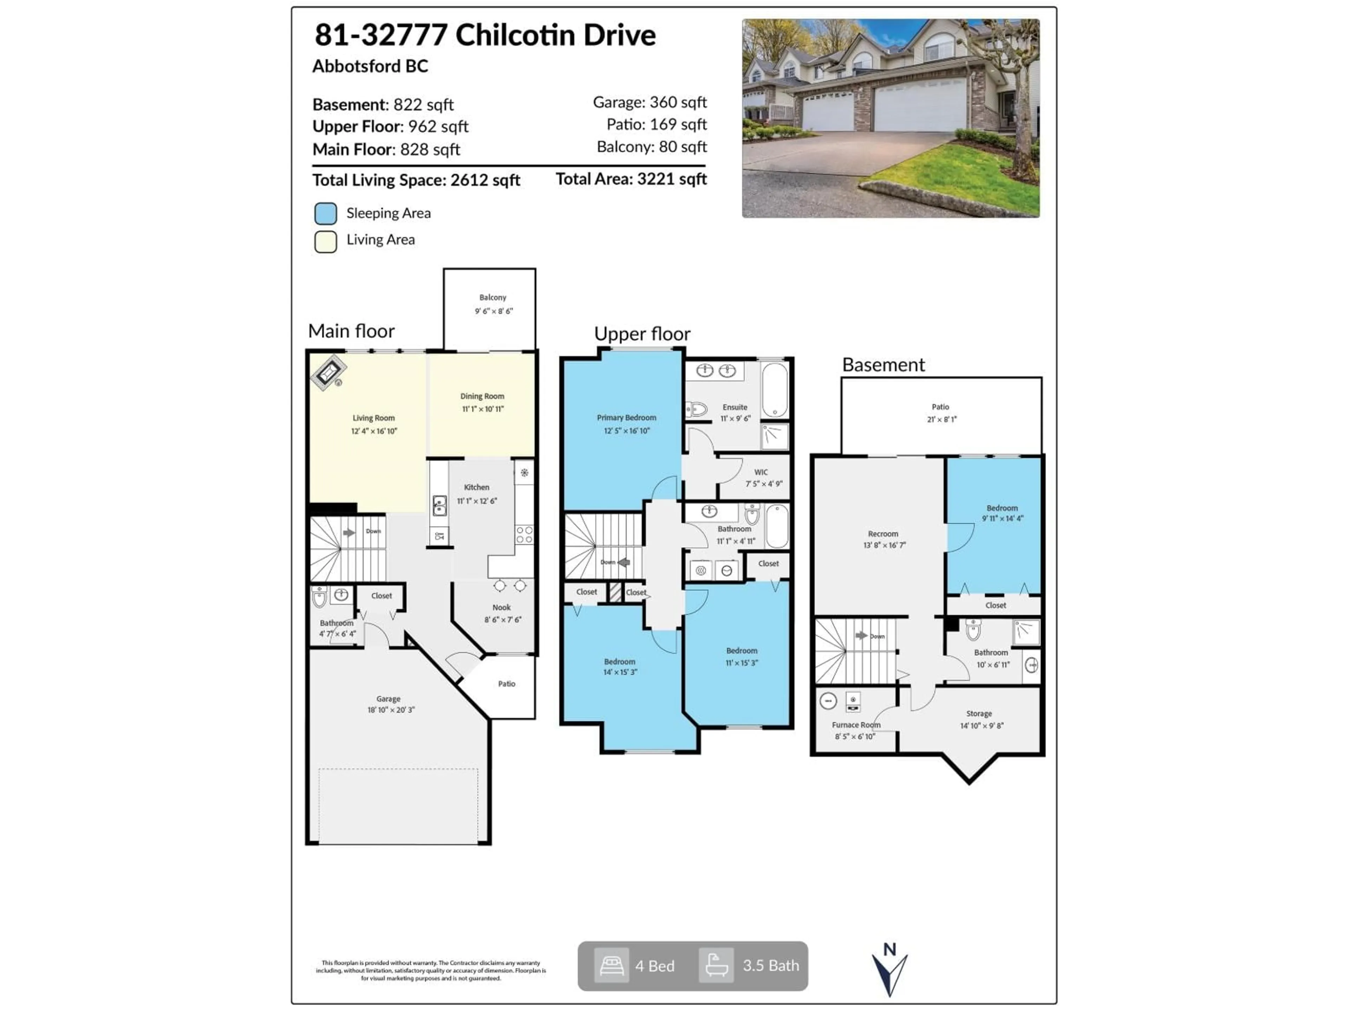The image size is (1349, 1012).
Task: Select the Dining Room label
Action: [x=482, y=396]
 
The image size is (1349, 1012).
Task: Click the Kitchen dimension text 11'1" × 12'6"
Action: [x=477, y=501]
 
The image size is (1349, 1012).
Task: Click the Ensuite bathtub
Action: [x=775, y=390]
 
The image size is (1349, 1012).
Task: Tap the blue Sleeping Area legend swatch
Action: [x=326, y=214]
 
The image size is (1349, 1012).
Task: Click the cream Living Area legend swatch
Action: [x=326, y=241]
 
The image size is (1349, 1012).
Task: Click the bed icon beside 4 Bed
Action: [x=611, y=966]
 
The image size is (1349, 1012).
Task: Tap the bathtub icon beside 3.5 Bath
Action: [x=716, y=966]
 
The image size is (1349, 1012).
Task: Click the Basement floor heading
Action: [x=883, y=365]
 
